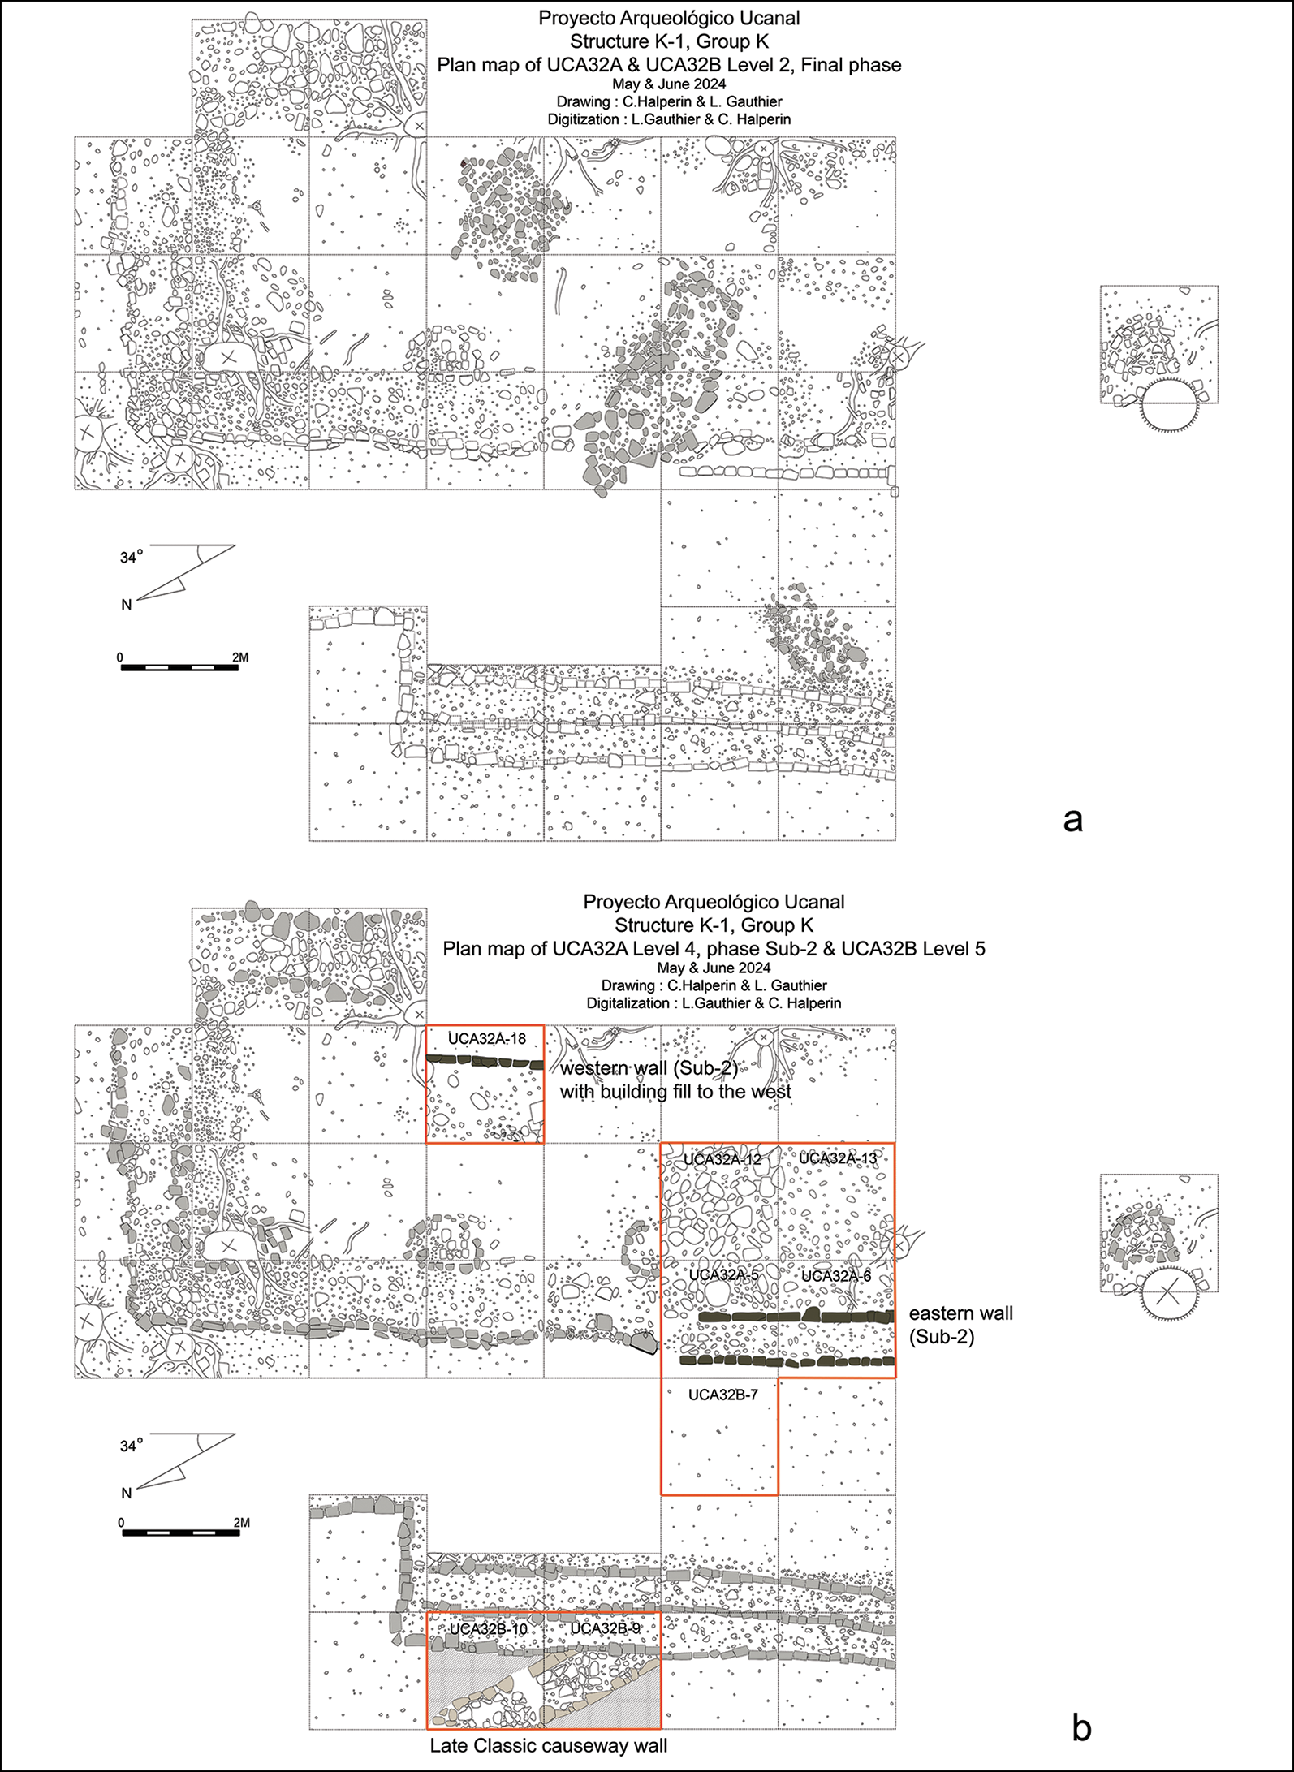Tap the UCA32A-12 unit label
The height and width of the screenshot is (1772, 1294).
(x=722, y=1160)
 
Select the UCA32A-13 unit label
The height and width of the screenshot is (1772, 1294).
(x=839, y=1158)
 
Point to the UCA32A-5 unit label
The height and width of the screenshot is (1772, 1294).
(x=724, y=1275)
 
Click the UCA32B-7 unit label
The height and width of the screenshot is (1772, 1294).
(x=722, y=1395)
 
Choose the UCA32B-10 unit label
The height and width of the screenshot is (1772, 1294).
(x=489, y=1629)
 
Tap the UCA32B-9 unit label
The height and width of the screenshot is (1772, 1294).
(x=605, y=1628)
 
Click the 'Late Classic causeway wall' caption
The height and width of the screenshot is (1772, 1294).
(x=549, y=1746)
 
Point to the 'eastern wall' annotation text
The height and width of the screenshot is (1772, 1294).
(x=961, y=1313)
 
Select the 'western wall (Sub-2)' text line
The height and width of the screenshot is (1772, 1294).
(x=649, y=1068)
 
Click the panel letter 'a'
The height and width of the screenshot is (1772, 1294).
(x=1072, y=821)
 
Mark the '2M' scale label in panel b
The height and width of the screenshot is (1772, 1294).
(x=241, y=1523)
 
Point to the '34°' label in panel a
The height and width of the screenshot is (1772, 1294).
(x=131, y=558)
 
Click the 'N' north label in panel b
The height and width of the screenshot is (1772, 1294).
(x=127, y=1494)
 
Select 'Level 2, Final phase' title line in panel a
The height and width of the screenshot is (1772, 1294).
(x=669, y=65)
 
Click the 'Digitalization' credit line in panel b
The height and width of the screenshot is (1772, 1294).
(x=714, y=1003)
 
